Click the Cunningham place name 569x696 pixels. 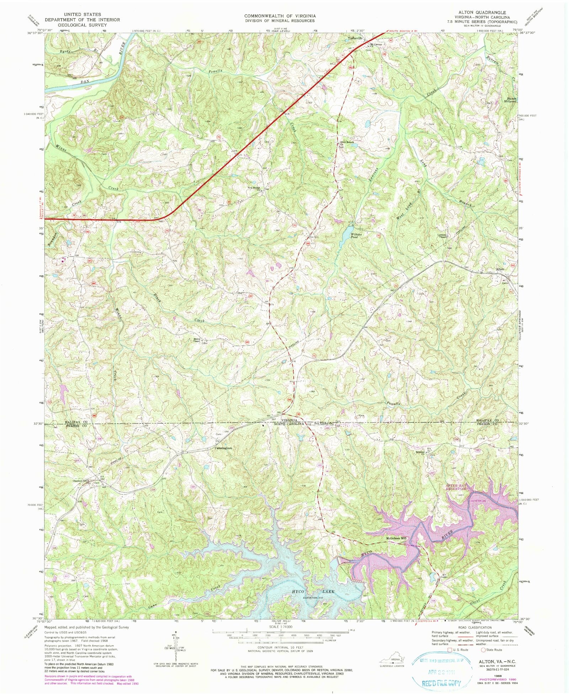[223, 448]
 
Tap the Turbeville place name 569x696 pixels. [355, 38]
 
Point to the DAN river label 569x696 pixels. [84, 82]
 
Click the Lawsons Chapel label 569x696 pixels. [442, 236]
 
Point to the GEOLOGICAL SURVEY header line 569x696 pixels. [82, 25]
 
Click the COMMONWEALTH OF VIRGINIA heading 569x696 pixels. [280, 16]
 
